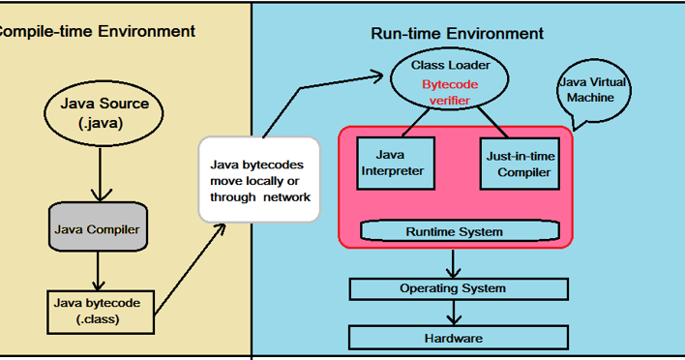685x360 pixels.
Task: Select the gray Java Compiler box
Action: (x=96, y=230)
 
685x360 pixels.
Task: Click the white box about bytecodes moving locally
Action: (x=259, y=180)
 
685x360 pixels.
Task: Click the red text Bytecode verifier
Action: (x=449, y=92)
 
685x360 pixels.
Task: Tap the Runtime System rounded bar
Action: (x=454, y=231)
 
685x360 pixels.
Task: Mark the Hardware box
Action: (x=454, y=337)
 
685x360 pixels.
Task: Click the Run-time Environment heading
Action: (x=457, y=34)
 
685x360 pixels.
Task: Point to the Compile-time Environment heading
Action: (x=95, y=31)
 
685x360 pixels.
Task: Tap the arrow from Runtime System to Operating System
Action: (x=453, y=262)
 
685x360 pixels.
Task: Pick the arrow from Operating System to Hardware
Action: (x=453, y=312)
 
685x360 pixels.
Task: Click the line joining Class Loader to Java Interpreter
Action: (x=412, y=121)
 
